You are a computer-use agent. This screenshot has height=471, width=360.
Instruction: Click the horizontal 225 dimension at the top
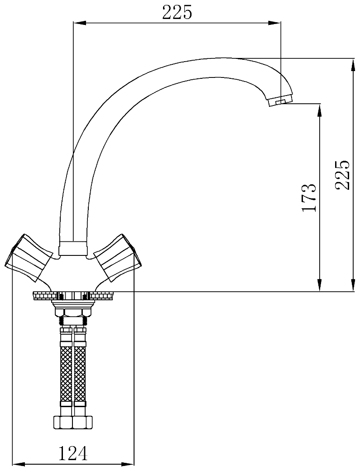click(x=177, y=13)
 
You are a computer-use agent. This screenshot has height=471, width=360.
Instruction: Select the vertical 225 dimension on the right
click(x=342, y=175)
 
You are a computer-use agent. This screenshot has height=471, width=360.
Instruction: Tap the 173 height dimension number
click(x=308, y=198)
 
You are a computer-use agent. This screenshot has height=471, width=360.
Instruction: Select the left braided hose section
click(x=67, y=373)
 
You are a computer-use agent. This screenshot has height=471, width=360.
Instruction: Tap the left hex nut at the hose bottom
click(x=63, y=422)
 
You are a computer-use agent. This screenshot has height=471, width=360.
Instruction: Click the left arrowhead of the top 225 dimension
click(x=77, y=23)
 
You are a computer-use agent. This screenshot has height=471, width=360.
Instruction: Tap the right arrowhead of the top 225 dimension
click(x=276, y=23)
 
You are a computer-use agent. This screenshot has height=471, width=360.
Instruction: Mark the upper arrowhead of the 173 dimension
click(x=320, y=109)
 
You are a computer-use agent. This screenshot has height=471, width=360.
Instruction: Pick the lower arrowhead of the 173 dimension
click(x=320, y=286)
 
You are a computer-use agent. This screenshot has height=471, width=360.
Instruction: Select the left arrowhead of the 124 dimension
click(x=17, y=464)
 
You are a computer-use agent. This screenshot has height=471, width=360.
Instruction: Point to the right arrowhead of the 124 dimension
click(x=130, y=464)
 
